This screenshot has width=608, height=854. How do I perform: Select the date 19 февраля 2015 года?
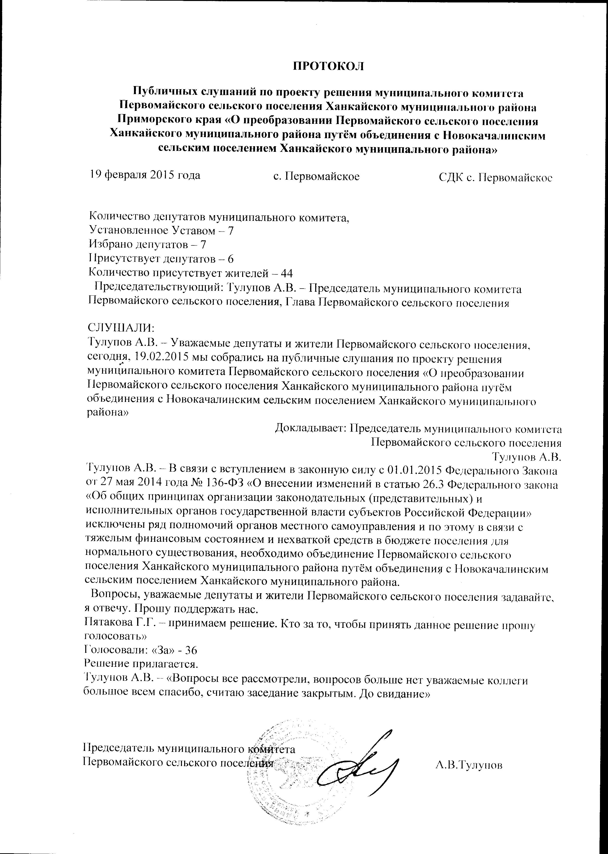(x=144, y=175)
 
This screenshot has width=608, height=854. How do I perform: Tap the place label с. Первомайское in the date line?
(x=316, y=176)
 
